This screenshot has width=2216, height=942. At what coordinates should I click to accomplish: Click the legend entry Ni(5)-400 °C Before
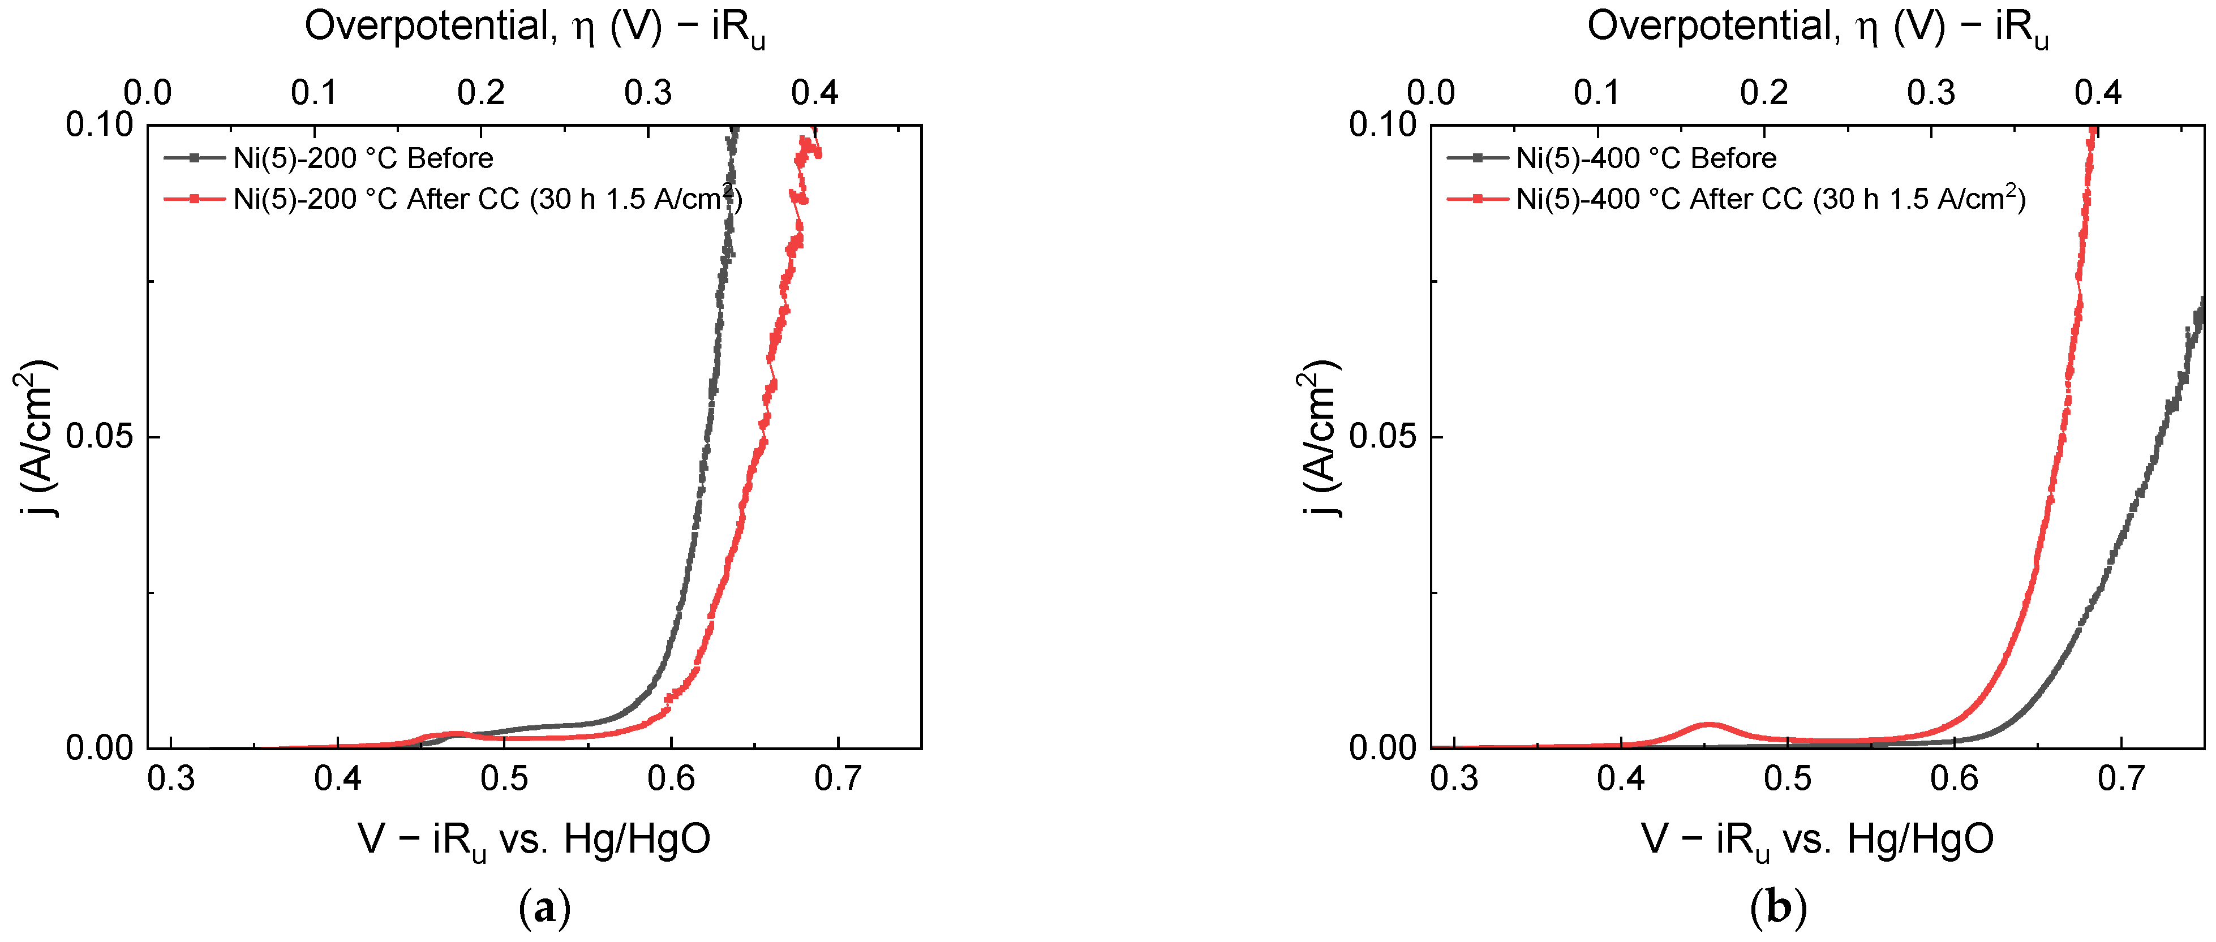click(1645, 158)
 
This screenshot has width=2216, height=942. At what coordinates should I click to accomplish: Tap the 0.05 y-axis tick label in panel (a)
click(99, 436)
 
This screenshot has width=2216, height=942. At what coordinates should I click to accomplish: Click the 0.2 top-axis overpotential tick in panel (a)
click(481, 92)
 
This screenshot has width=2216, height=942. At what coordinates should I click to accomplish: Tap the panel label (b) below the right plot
click(1778, 907)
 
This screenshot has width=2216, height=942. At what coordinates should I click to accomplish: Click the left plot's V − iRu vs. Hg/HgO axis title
click(534, 839)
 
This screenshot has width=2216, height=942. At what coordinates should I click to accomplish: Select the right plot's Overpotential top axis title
click(1817, 28)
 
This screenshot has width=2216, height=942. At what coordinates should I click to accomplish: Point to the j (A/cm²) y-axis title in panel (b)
click(1318, 437)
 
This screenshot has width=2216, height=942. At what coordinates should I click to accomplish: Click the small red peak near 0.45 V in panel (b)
click(1708, 725)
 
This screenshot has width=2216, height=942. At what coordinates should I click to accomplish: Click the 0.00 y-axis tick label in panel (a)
click(99, 747)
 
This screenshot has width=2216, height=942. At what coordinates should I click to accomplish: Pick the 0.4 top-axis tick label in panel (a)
click(814, 92)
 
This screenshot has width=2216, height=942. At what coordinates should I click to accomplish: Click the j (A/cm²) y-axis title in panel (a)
click(35, 437)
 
